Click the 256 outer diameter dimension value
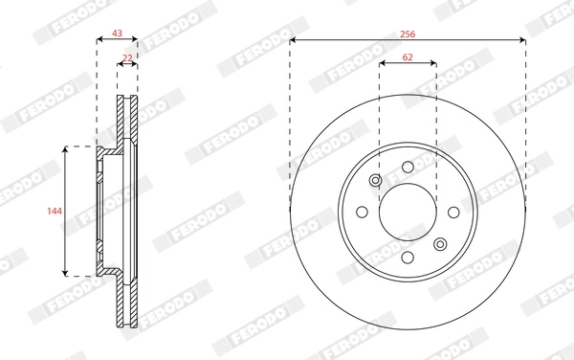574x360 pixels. pos(408,33)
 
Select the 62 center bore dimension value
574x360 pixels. pos(408,57)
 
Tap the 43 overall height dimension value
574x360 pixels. pos(118,33)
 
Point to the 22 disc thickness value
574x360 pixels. pos(127,57)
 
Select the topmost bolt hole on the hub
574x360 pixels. pos(408,168)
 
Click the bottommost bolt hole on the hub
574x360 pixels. pos(408,258)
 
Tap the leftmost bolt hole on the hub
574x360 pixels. pos(363,213)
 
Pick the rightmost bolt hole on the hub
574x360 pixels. pos(453,213)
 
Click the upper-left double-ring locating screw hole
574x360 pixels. pos(376,181)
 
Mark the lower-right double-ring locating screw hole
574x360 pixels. pos(440,243)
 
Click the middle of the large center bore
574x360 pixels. pos(408,213)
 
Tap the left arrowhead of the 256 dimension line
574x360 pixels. pos(293,40)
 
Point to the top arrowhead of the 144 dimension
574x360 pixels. pos(65,149)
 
